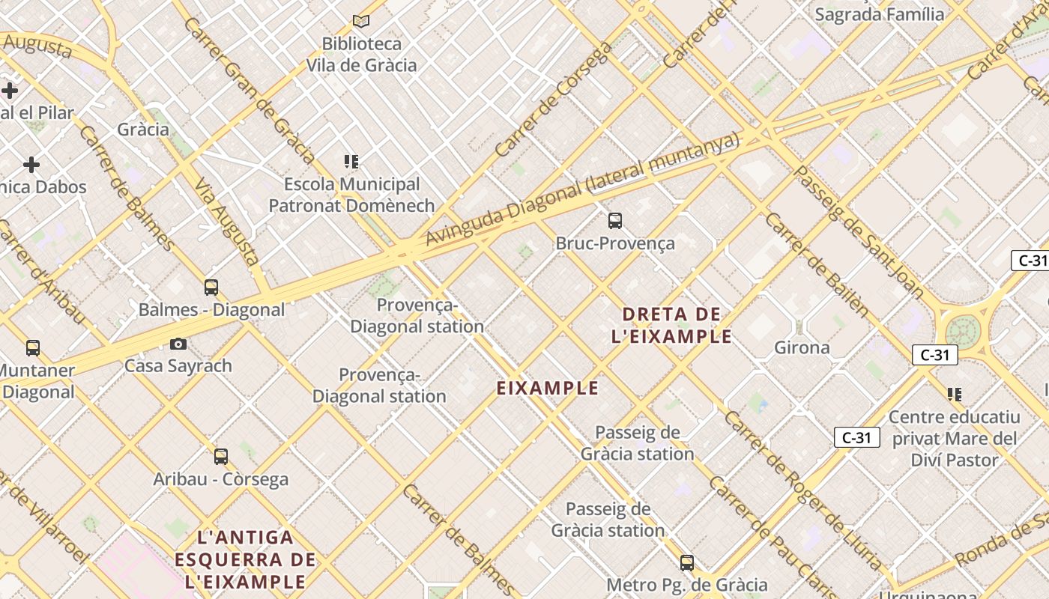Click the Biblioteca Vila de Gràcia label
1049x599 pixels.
click(x=361, y=55)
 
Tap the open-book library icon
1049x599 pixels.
click(x=361, y=21)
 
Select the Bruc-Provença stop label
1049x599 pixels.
click(x=615, y=243)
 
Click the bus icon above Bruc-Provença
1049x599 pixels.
click(x=615, y=221)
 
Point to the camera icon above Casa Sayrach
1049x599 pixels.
click(x=178, y=344)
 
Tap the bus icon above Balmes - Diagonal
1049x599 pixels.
click(x=211, y=288)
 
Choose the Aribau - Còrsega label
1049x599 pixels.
click(x=221, y=479)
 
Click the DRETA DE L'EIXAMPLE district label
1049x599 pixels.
click(x=671, y=325)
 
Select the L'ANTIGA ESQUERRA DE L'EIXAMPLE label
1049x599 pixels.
click(x=245, y=559)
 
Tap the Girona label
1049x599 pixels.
click(x=802, y=347)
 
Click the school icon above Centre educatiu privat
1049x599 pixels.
click(x=954, y=394)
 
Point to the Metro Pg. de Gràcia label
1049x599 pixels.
click(x=686, y=585)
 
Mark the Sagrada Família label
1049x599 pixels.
click(x=880, y=14)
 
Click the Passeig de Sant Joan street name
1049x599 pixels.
click(x=858, y=232)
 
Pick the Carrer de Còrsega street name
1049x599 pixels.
click(x=554, y=100)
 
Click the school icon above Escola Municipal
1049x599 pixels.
click(x=351, y=161)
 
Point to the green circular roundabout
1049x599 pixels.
click(x=962, y=331)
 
